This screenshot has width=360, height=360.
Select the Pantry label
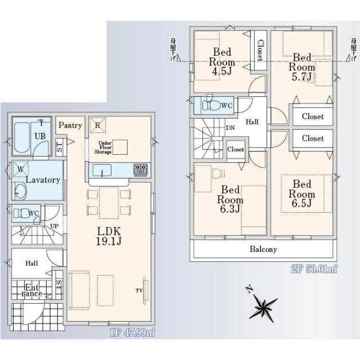click(x=70, y=125)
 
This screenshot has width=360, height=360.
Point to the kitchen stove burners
click(x=140, y=169)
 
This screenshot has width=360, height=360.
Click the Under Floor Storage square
click(x=120, y=146)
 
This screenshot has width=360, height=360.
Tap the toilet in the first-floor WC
click(x=22, y=213)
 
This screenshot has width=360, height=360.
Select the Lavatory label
click(x=43, y=180)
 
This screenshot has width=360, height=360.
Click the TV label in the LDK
click(x=138, y=290)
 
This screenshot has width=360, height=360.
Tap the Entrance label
click(x=31, y=290)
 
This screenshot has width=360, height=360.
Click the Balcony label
click(x=263, y=249)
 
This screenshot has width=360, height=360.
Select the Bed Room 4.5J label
click(x=222, y=61)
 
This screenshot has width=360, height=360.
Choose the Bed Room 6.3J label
click(x=231, y=199)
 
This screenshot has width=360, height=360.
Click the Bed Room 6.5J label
click(x=301, y=193)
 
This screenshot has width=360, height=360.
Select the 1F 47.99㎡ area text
click(x=132, y=332)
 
